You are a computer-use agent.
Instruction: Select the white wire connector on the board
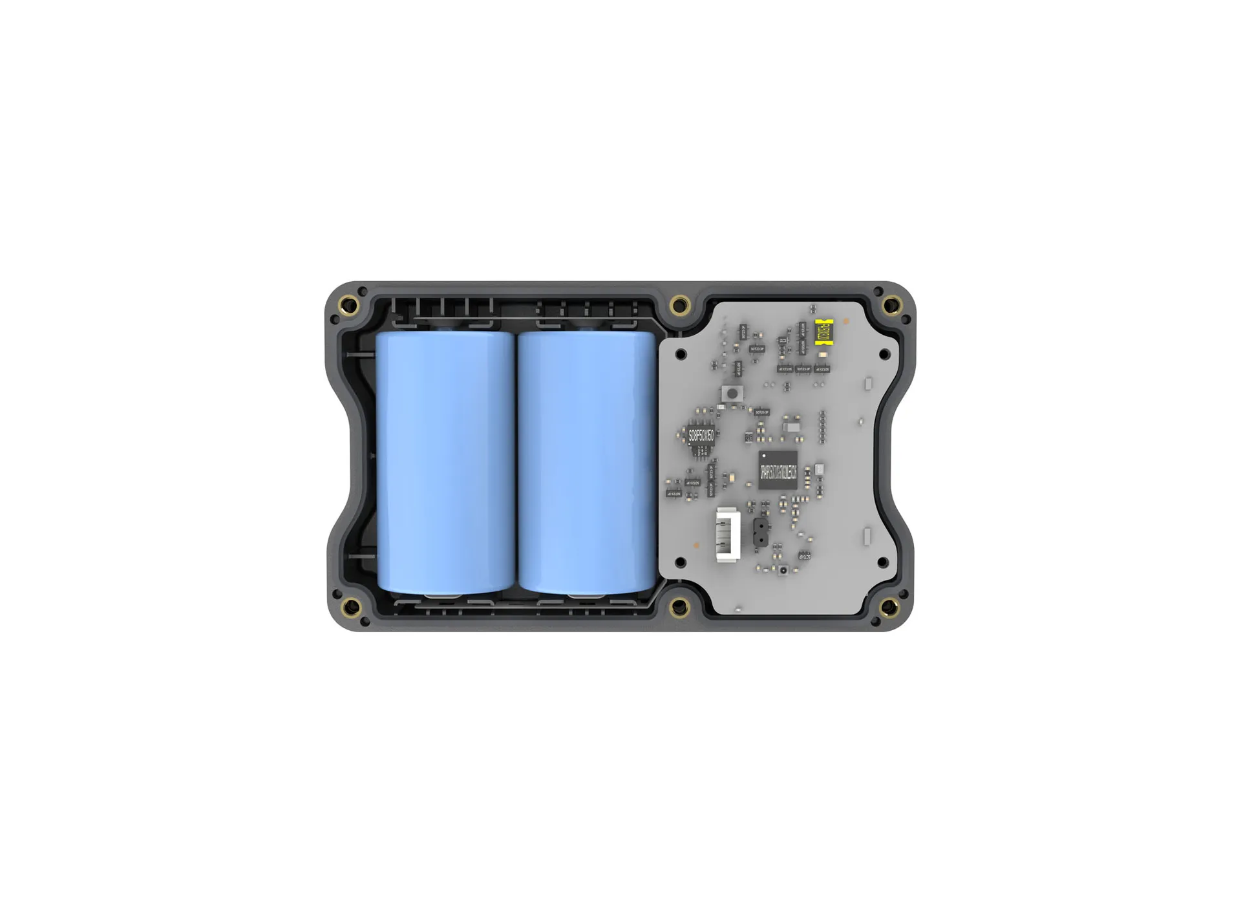coord(724,535)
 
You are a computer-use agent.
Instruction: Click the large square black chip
coord(778,470)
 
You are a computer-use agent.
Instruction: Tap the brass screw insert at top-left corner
coord(353,303)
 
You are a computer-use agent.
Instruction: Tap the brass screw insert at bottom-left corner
coord(352,606)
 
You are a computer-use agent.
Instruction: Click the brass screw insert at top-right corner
coord(889,303)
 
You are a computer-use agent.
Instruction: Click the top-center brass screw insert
coord(679,304)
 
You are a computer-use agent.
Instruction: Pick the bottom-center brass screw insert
coord(679,606)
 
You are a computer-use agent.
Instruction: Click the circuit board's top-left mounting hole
coord(681,354)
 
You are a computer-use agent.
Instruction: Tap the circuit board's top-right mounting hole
coord(884,354)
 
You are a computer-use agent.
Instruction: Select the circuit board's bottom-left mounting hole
coord(681,562)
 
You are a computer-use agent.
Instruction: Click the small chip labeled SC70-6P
coord(804,555)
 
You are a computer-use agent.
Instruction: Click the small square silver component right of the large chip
coord(819,469)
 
